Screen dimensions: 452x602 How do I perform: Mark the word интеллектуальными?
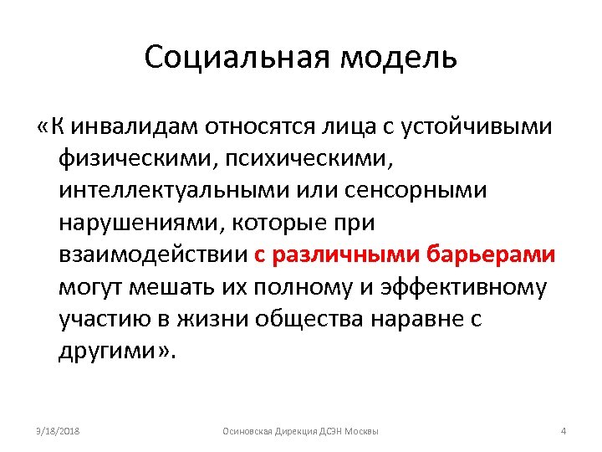(173, 191)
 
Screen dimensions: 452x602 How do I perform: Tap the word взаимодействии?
(153, 255)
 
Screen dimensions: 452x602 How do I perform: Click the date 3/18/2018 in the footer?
(58, 431)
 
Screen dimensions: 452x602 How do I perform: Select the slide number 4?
(564, 431)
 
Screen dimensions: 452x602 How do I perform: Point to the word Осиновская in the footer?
(244, 431)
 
